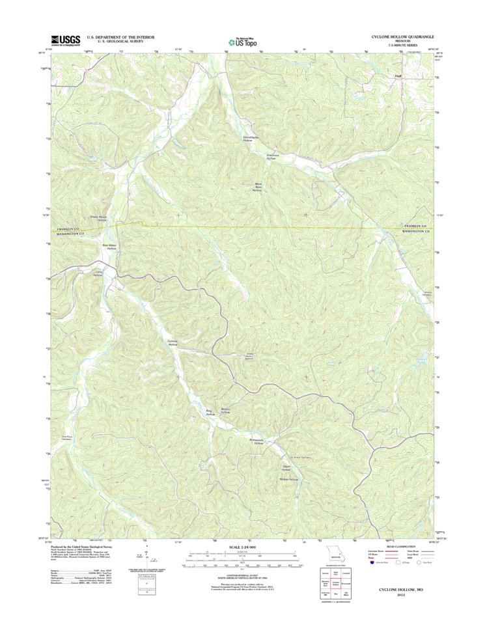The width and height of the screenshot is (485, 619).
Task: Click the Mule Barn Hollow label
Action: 256,187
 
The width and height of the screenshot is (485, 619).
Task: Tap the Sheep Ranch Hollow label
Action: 98,219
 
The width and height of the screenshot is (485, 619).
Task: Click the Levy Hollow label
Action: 99,273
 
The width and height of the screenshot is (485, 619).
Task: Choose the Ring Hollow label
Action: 210,412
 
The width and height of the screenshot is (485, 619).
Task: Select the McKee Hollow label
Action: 288,479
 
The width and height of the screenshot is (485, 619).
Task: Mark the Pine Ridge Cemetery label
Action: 65,437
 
